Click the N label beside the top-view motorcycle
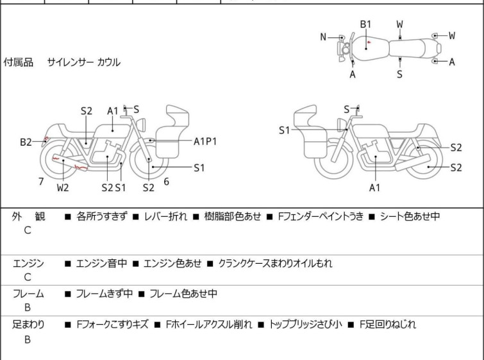click(324, 37)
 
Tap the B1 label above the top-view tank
click(365, 24)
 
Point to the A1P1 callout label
click(205, 141)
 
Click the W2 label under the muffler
click(62, 188)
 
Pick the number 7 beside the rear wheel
click(41, 182)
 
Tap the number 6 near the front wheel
click(166, 182)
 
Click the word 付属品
click(19, 63)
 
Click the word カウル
click(108, 63)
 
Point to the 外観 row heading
click(28, 217)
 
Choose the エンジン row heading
click(29, 263)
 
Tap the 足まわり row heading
click(29, 325)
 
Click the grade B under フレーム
click(28, 309)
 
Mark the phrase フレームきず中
click(104, 294)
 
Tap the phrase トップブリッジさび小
click(306, 325)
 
